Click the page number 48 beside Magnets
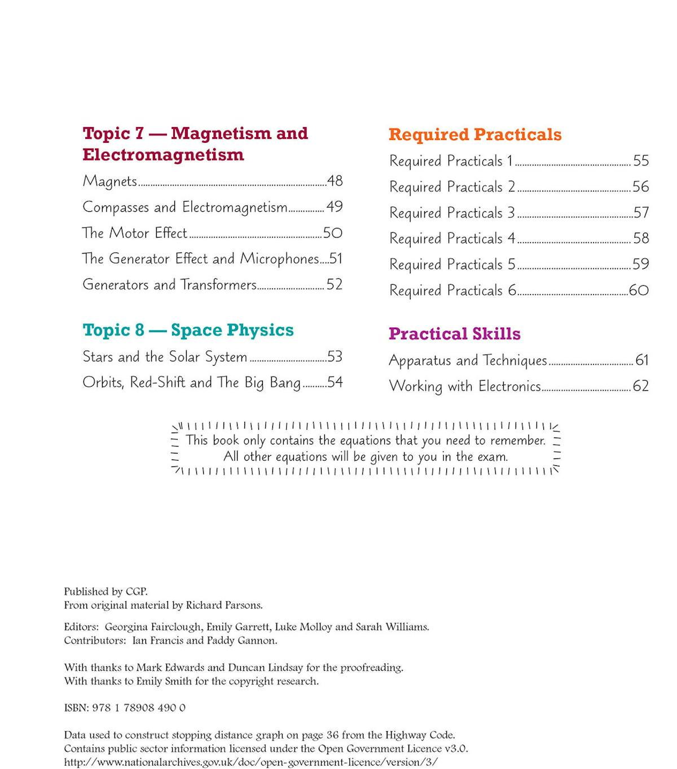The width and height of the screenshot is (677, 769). (x=335, y=181)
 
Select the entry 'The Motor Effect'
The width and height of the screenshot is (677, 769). (x=134, y=233)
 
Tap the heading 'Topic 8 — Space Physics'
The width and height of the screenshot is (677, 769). (x=188, y=330)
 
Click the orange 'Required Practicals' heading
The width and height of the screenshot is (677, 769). (x=475, y=134)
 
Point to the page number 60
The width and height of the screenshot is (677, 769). (x=639, y=290)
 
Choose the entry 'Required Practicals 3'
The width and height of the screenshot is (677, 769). (x=452, y=213)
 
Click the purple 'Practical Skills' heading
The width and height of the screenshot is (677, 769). (x=454, y=334)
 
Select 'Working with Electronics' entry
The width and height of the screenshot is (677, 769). (x=465, y=386)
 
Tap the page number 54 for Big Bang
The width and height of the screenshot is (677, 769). (x=335, y=382)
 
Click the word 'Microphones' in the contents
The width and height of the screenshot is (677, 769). (x=280, y=259)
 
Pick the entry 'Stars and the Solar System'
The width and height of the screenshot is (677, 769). (x=165, y=357)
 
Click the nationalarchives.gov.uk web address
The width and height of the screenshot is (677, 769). (x=250, y=762)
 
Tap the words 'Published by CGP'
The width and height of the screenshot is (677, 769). (x=105, y=592)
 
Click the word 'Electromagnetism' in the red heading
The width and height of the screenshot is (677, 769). (x=163, y=155)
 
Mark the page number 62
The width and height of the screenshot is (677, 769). (x=640, y=386)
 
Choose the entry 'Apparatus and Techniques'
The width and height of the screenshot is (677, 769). (x=468, y=360)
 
